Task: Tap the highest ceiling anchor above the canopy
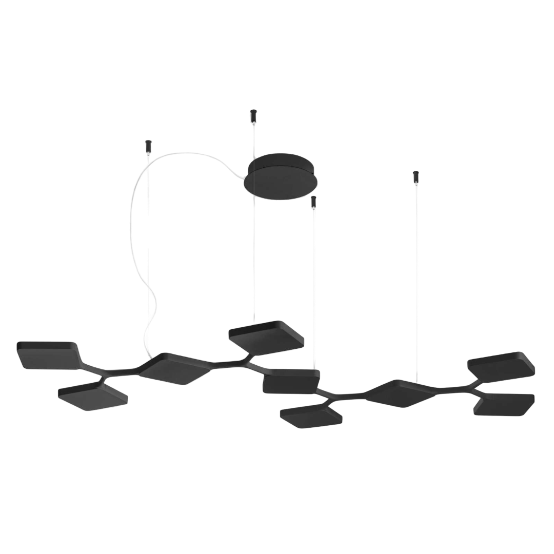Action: tap(252, 116)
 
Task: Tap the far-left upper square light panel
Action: tap(49, 354)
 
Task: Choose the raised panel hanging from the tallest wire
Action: tap(266, 338)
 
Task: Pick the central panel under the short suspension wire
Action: tap(290, 382)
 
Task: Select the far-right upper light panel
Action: tap(502, 366)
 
